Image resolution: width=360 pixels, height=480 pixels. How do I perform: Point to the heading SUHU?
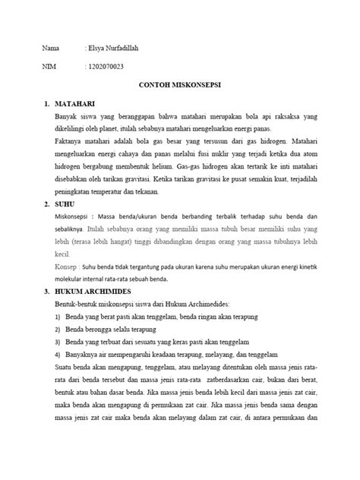[60, 205]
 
